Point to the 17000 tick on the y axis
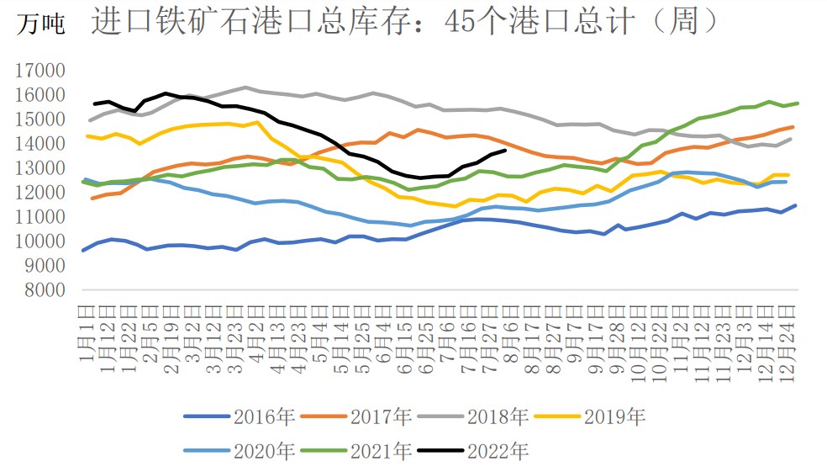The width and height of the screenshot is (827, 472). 40,71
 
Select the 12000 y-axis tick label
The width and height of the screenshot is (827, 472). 40,193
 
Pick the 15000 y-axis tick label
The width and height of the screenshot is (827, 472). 40,119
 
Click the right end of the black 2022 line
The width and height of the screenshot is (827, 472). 504,150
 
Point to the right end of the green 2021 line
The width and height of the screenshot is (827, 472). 797,103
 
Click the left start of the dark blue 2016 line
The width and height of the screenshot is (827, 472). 82,250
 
